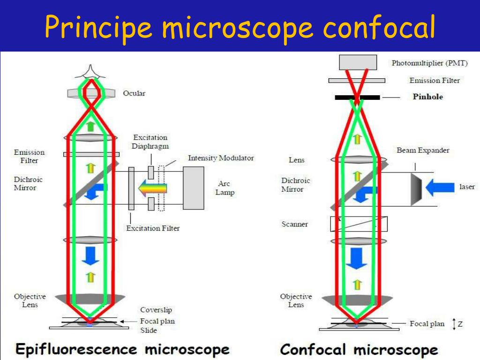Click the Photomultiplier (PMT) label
click(430, 63)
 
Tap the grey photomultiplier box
click(358, 62)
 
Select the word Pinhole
click(427, 97)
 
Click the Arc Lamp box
click(194, 188)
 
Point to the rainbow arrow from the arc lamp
click(152, 188)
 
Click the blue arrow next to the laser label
click(440, 187)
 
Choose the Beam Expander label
click(423, 150)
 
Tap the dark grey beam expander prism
click(416, 189)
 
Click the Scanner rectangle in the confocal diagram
click(359, 224)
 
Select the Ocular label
click(134, 93)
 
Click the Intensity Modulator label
click(221, 158)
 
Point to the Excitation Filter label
click(153, 228)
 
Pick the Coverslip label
click(156, 310)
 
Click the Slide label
click(149, 330)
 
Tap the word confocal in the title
click(379, 28)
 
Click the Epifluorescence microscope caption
click(122, 350)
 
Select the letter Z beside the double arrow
click(460, 324)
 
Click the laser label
click(467, 187)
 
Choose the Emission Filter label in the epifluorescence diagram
click(29, 157)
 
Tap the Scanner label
click(294, 224)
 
